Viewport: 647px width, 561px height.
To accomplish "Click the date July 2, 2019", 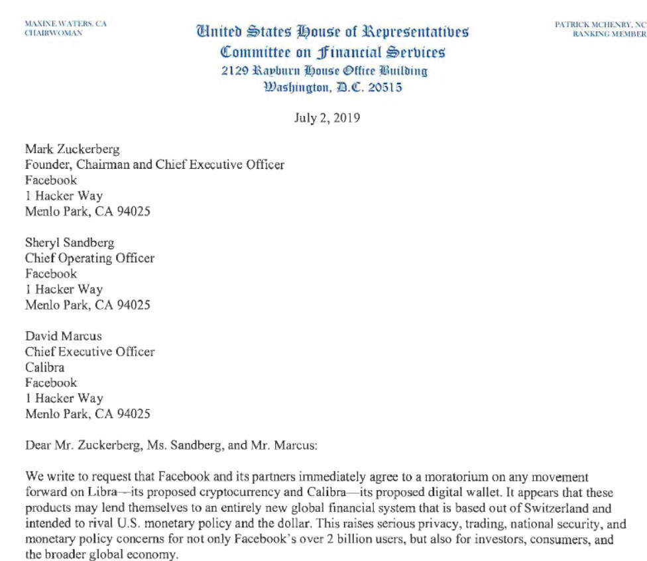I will (x=327, y=119).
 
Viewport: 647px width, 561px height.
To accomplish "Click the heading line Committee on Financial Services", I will (x=332, y=52).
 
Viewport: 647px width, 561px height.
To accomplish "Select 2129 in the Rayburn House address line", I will (x=235, y=71).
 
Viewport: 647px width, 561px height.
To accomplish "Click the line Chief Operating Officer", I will (x=89, y=258).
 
